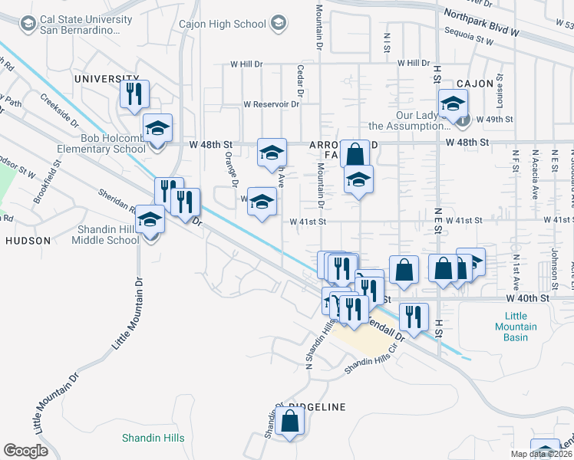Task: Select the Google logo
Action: pos(25,451)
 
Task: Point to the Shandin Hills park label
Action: pos(153,438)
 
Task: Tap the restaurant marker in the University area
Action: pos(134,94)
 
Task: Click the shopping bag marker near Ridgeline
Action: pos(289,421)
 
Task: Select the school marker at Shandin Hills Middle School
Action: pos(150,220)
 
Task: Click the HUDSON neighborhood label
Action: pos(28,240)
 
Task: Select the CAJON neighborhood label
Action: pos(473,83)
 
